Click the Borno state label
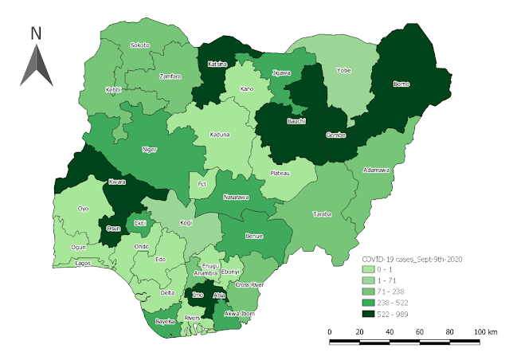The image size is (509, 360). tap(401, 82)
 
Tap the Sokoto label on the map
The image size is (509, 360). tap(140, 45)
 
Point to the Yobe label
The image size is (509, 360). tap(343, 70)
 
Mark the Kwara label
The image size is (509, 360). tap(117, 182)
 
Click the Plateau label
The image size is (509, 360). tap(280, 173)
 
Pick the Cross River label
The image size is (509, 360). tap(249, 284)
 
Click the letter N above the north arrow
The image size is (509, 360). tap(36, 33)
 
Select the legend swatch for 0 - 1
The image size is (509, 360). tap(367, 271)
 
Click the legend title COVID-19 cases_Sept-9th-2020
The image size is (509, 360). tap(413, 260)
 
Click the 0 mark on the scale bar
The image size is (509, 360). tap(330, 331)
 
